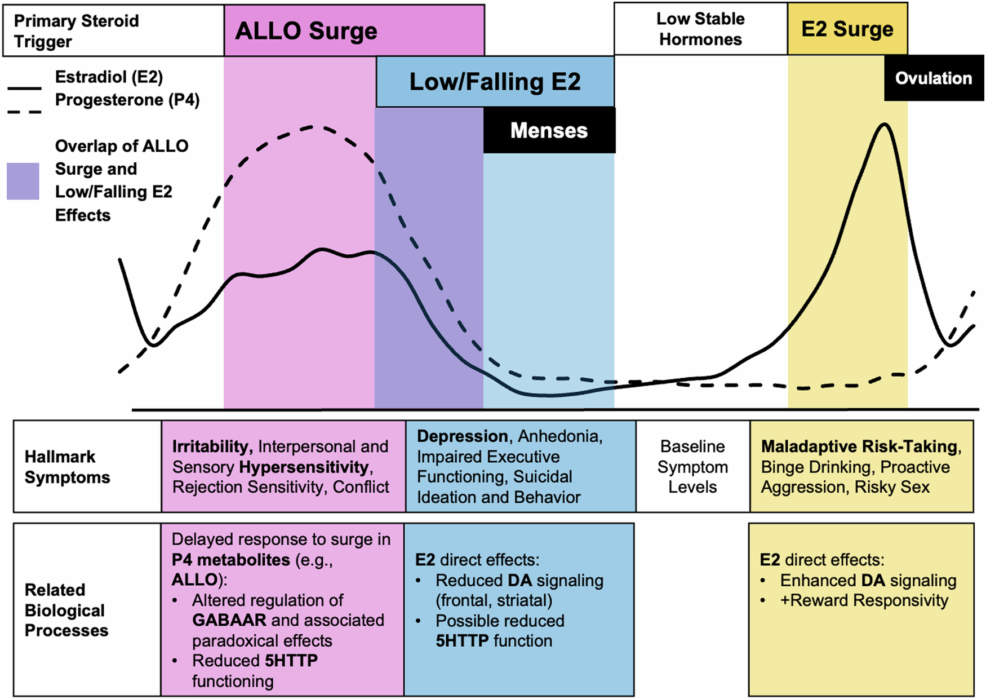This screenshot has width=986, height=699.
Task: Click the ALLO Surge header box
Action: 354,31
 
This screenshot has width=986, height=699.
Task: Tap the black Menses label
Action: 549,131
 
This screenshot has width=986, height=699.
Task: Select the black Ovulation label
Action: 933,78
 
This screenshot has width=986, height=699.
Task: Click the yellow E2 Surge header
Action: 847,29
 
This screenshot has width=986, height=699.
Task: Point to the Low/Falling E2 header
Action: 495,82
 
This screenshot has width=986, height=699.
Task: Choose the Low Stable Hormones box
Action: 700,29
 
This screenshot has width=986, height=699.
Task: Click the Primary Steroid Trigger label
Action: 76,31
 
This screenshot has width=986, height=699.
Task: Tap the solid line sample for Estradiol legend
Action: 24,89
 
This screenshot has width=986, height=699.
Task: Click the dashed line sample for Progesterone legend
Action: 24,112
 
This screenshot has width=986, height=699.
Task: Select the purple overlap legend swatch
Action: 23,181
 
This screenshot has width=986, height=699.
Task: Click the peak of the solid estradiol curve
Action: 885,125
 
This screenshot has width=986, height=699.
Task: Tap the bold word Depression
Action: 462,436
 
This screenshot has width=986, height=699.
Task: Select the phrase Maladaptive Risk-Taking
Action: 859,446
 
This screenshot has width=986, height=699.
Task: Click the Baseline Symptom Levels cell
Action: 692,467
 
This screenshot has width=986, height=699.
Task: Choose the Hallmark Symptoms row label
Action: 67,467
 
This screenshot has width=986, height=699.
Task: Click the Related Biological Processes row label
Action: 66,610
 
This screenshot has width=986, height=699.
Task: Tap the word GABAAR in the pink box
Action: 229,620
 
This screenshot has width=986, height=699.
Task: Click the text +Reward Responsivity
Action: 864,600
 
